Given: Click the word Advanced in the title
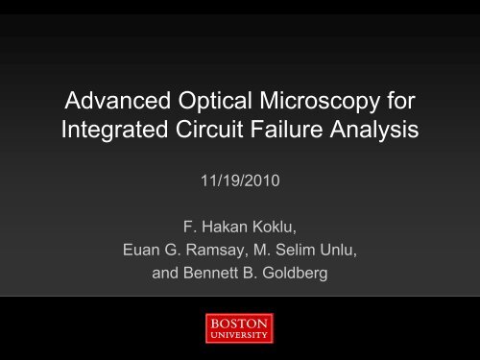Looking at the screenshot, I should click(x=107, y=99).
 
